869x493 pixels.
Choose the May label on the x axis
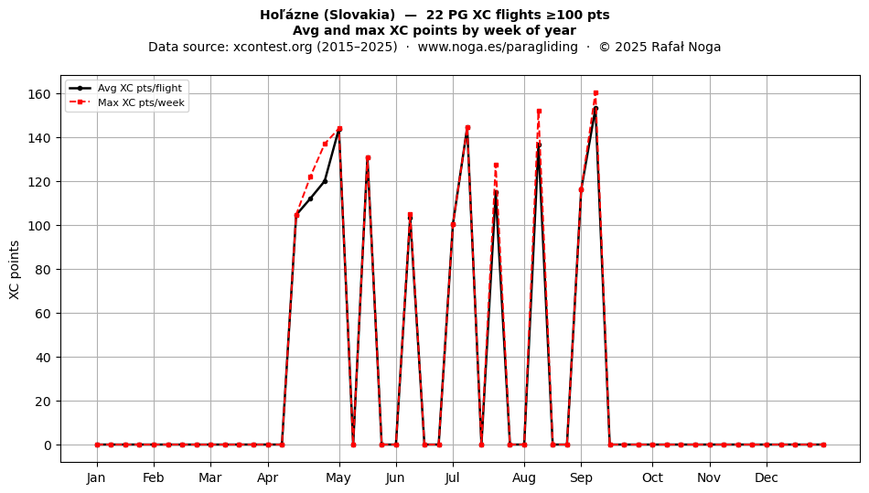point(338,477)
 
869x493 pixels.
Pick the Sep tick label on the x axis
point(581,477)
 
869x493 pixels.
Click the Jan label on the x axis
point(96,477)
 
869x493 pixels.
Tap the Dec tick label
point(767,477)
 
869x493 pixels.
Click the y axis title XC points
point(15,270)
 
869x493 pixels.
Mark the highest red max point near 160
point(595,93)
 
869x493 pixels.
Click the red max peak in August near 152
point(539,112)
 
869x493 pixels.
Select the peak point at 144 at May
point(339,129)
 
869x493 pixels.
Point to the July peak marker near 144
point(467,128)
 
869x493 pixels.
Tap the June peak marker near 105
point(410,215)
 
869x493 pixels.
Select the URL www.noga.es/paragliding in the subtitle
point(498,47)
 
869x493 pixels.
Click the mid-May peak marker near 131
point(368,158)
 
